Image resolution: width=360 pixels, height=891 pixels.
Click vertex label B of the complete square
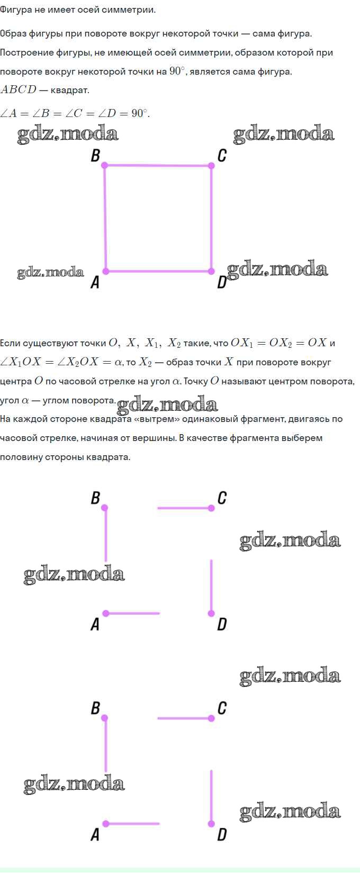pyautogui.click(x=96, y=155)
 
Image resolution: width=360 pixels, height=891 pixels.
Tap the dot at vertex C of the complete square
pyautogui.click(x=211, y=166)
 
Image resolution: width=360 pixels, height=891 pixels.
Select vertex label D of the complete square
pyautogui.click(x=222, y=283)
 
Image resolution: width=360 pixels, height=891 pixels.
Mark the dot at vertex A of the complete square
pyautogui.click(x=106, y=271)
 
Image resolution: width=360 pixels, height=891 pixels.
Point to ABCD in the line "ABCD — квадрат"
pyautogui.click(x=19, y=90)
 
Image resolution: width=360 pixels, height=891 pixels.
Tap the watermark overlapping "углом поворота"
pyautogui.click(x=167, y=405)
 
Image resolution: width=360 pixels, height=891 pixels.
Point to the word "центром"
pyautogui.click(x=298, y=381)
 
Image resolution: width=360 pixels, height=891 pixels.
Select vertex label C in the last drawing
pyautogui.click(x=222, y=708)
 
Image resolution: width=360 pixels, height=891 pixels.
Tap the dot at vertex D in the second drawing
pyautogui.click(x=211, y=614)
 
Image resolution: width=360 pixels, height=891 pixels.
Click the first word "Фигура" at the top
pyautogui.click(x=17, y=10)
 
